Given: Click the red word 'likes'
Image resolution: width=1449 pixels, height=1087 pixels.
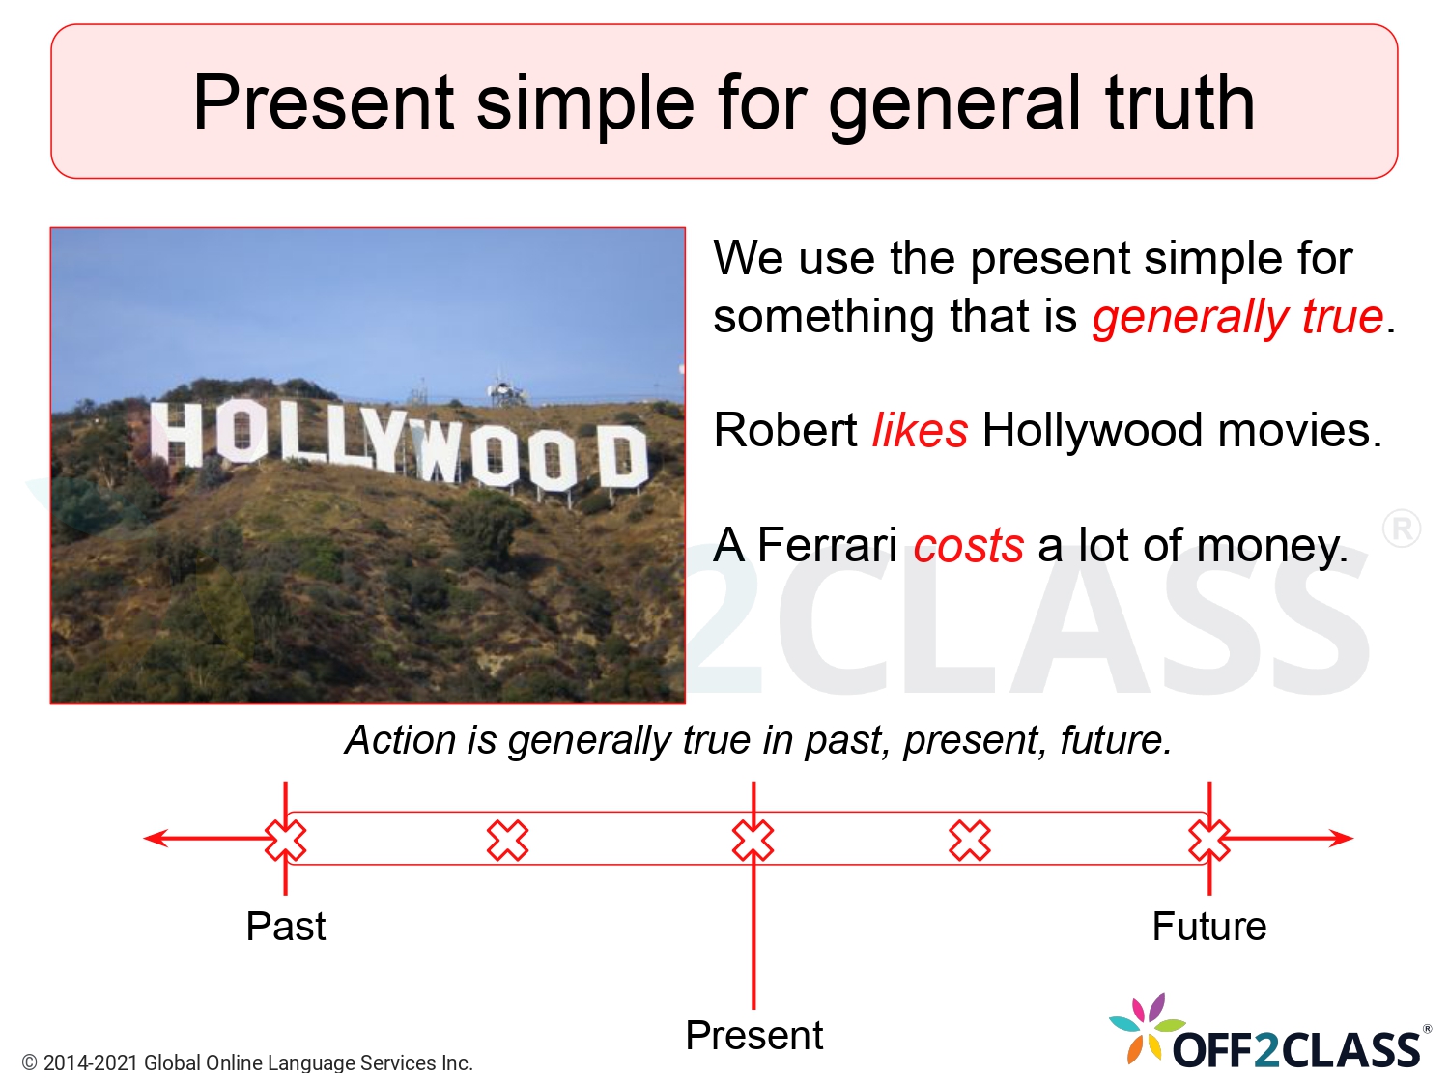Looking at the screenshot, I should coord(919,431).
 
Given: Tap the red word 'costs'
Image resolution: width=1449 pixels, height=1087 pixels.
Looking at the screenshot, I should coord(968,546).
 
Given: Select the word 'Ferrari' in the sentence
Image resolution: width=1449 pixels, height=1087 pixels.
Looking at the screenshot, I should coord(827,545).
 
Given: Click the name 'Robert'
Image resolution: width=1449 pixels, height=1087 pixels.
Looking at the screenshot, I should coord(785,431).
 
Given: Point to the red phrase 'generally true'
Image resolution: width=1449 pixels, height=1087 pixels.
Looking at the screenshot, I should coord(1237,318).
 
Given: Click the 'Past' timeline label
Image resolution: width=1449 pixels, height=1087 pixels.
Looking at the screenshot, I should coord(286,927).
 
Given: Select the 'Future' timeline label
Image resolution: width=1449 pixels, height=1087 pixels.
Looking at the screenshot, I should coord(1208,927).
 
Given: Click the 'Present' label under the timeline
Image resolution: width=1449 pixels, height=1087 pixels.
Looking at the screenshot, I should coord(753,1036).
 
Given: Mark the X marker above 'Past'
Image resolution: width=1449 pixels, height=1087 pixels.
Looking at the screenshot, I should coord(286,840).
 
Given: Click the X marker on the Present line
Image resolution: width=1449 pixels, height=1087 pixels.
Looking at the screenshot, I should coord(753,840).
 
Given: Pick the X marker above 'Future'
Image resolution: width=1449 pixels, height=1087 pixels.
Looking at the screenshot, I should coord(1208,840).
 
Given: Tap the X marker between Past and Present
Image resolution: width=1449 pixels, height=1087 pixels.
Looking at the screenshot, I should coord(508,840).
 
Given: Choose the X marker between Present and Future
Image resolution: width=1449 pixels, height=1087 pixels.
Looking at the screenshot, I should coord(970,840).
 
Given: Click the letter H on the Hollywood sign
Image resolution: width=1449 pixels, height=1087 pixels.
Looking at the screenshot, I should coord(176,434).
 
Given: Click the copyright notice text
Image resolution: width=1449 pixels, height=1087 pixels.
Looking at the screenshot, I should coord(247,1063).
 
